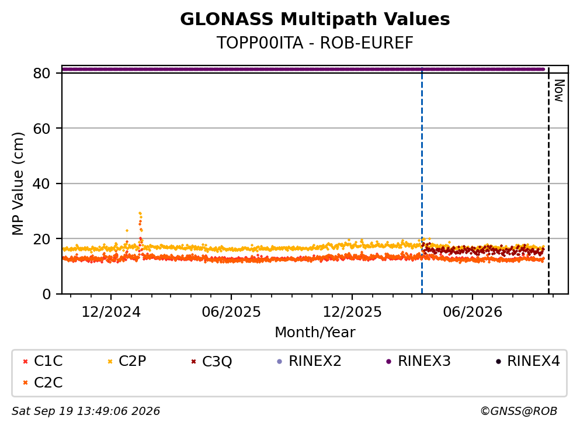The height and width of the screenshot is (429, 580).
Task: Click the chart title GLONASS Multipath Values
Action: [x=315, y=19]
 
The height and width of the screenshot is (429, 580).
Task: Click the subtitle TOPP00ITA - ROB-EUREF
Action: [x=315, y=43]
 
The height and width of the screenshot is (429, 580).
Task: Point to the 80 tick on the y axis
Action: [x=41, y=73]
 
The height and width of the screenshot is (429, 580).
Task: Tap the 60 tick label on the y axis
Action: [x=41, y=129]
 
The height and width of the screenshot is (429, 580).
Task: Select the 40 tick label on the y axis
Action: [x=41, y=184]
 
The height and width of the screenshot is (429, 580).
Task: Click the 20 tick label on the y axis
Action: [x=41, y=238]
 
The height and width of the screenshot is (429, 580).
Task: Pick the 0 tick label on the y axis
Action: [x=46, y=294]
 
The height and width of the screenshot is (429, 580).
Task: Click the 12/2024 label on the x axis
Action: [x=111, y=312]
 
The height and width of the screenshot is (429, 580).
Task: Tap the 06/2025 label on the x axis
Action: [x=231, y=312]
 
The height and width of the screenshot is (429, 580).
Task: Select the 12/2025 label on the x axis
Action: [x=352, y=312]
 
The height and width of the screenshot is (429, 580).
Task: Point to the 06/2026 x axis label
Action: [x=473, y=312]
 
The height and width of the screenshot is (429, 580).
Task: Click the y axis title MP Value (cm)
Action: [x=18, y=184]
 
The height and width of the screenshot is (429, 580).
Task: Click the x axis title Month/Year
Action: [x=315, y=333]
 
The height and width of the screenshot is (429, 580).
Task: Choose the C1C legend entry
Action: [x=43, y=361]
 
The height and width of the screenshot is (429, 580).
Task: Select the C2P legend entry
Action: [x=127, y=361]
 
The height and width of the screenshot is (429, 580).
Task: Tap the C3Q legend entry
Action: [x=211, y=361]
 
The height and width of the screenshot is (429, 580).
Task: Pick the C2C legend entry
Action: [x=43, y=382]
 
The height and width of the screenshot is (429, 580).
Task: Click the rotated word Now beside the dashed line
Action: [x=560, y=91]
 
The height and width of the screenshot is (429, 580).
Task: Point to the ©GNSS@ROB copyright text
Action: [x=519, y=411]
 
